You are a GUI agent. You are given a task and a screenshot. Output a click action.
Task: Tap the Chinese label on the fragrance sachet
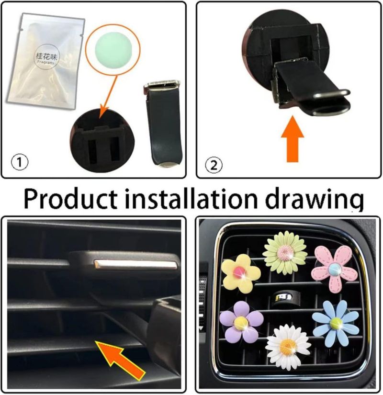pyautogui.click(x=47, y=56)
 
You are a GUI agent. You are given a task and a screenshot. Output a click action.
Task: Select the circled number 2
pyautogui.click(x=214, y=166)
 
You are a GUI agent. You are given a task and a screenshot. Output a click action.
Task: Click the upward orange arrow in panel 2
pyautogui.click(x=293, y=139)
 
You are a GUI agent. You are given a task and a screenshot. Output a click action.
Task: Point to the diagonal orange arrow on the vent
pyautogui.click(x=120, y=360)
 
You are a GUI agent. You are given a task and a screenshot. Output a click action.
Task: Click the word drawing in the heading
pyautogui.click(x=315, y=200)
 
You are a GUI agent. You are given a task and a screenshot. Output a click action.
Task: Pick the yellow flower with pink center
pyautogui.click(x=240, y=273)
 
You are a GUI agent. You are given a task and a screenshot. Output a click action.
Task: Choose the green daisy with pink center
pyautogui.click(x=285, y=253)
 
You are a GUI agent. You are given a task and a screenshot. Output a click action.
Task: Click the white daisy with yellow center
pyautogui.click(x=288, y=347)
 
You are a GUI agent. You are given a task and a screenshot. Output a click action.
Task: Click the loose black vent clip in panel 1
pyautogui.click(x=163, y=124)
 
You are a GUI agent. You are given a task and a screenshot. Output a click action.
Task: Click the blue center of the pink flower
pyautogui.click(x=334, y=269)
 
